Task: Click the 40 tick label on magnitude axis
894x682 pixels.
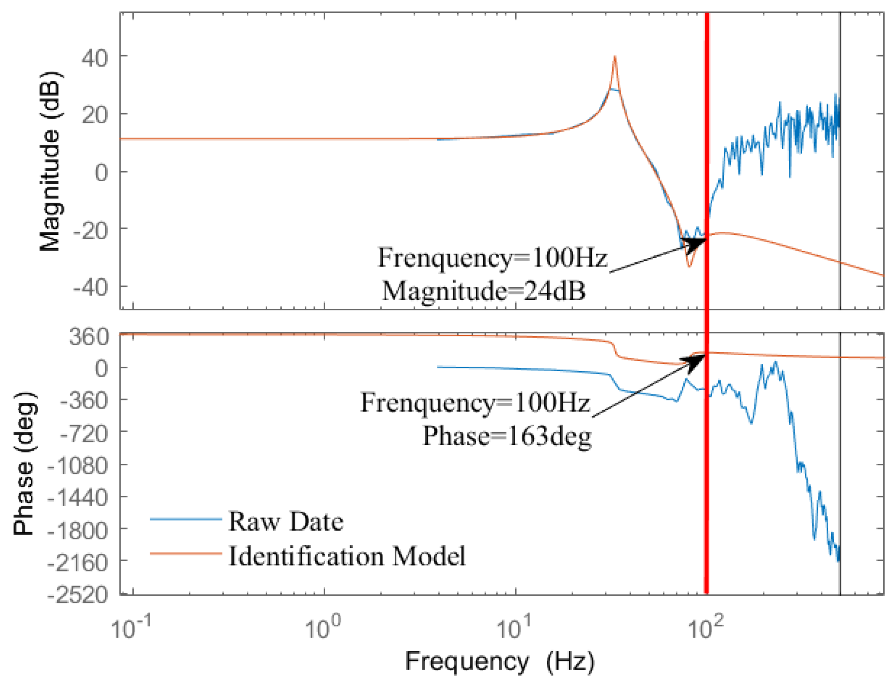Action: (x=95, y=58)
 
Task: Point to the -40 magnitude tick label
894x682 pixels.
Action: (x=90, y=287)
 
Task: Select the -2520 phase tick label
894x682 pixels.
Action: (x=78, y=594)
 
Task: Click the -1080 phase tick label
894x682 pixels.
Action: (x=78, y=466)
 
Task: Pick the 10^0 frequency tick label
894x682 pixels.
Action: (x=323, y=628)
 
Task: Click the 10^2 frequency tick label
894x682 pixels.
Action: (x=706, y=628)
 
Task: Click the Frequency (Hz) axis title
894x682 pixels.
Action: (x=500, y=662)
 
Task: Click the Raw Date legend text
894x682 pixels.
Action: (x=286, y=522)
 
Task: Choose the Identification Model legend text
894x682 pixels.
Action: (x=347, y=556)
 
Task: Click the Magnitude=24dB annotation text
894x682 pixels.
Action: (x=484, y=291)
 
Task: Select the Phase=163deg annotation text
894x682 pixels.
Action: (x=507, y=436)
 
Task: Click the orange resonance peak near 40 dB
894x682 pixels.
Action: (x=615, y=58)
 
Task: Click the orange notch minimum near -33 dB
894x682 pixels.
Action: (x=689, y=267)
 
